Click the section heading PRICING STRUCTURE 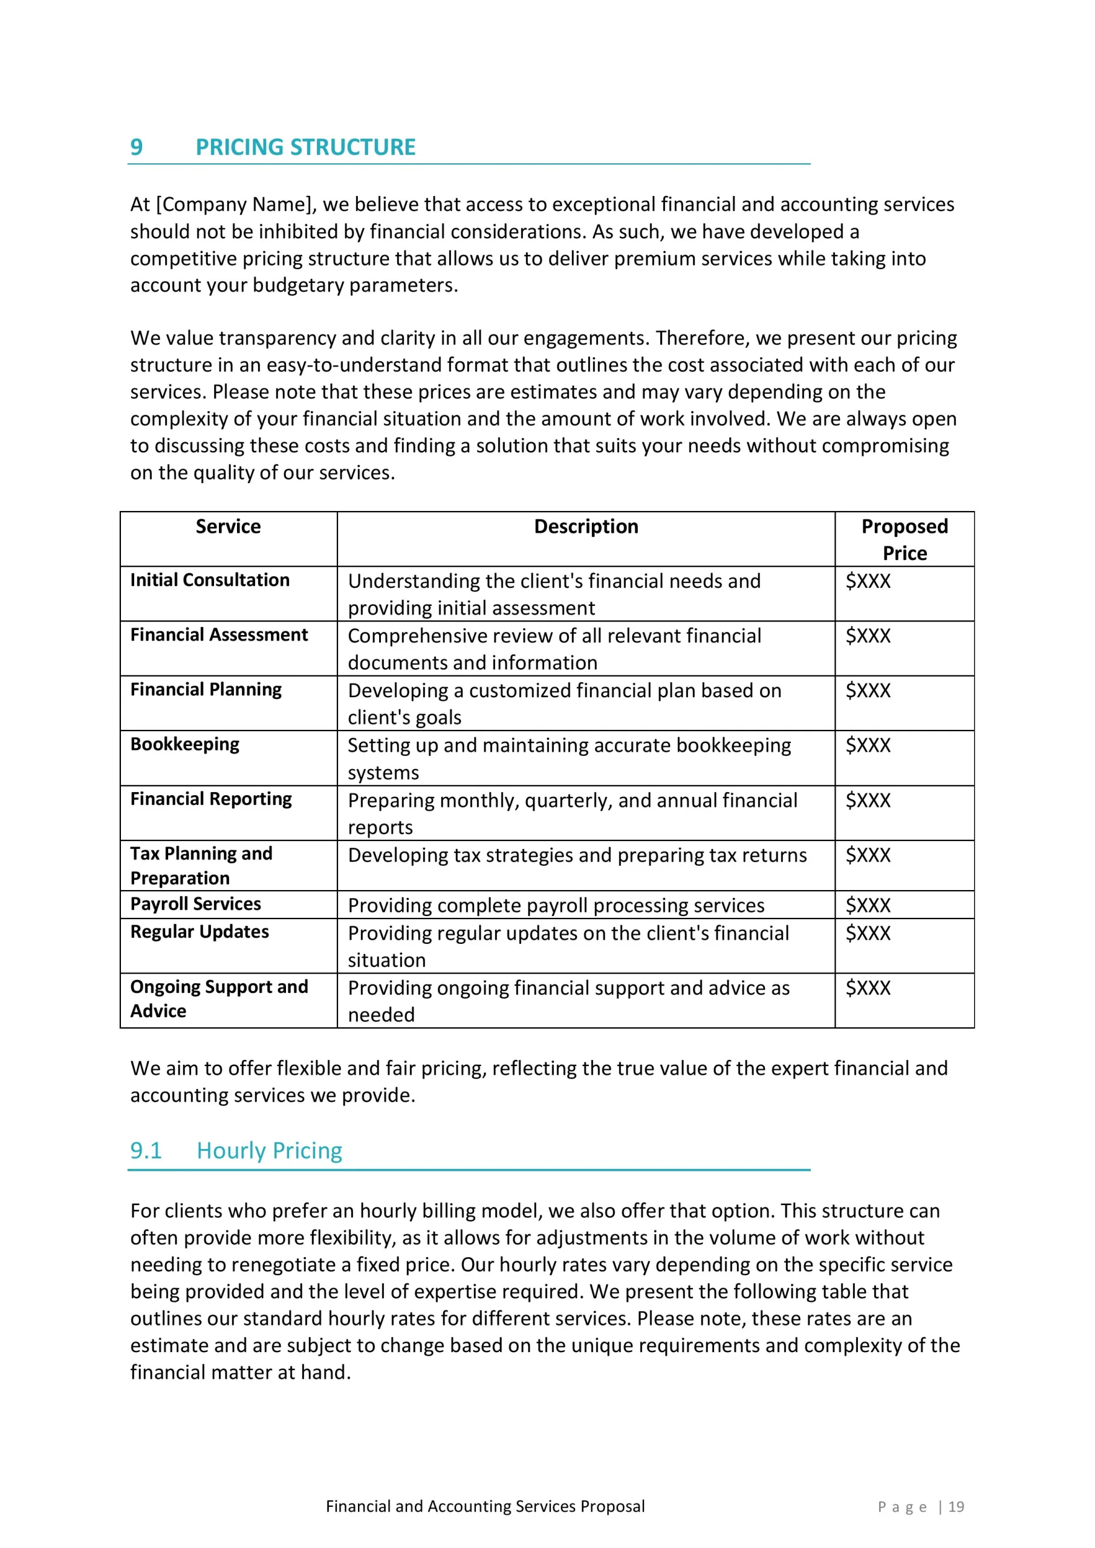point(305,147)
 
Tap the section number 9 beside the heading point(136,147)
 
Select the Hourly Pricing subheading point(269,1150)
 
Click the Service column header point(228,527)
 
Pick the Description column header point(586,527)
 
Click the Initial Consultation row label point(210,580)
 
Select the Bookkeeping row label point(185,744)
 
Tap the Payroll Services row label point(195,904)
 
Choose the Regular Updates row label point(200,932)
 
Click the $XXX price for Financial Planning point(868,691)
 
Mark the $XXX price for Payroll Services point(868,905)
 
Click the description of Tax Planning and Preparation point(577,855)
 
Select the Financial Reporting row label point(211,799)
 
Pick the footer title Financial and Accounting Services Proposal point(485,1507)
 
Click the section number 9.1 point(146,1150)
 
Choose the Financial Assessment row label point(219,634)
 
